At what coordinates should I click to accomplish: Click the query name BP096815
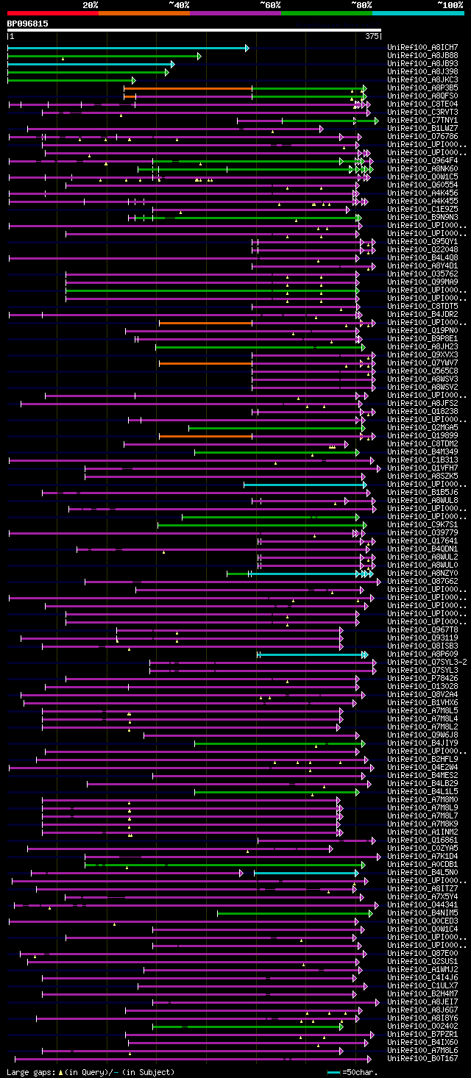pyautogui.click(x=28, y=24)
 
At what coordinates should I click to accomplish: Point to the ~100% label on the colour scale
pyautogui.click(x=450, y=5)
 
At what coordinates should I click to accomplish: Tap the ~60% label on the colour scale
pyautogui.click(x=269, y=5)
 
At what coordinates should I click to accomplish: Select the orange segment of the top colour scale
pyautogui.click(x=144, y=13)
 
